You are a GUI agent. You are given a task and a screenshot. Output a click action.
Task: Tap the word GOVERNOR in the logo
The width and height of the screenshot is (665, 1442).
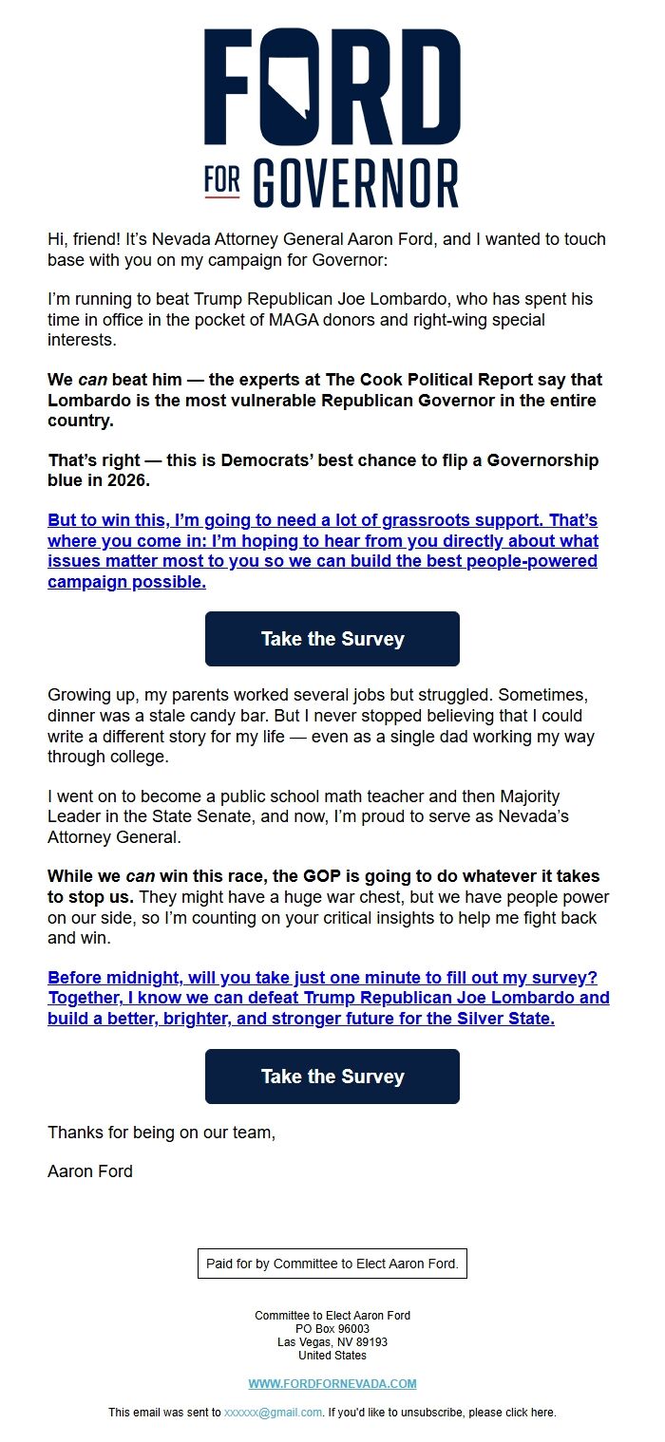(x=356, y=182)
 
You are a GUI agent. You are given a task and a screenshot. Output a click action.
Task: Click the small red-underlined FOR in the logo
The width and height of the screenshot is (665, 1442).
(x=221, y=181)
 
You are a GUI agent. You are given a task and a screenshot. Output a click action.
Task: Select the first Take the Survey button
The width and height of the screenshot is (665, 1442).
(x=332, y=639)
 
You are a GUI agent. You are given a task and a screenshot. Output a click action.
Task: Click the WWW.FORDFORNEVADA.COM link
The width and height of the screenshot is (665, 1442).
(x=332, y=1383)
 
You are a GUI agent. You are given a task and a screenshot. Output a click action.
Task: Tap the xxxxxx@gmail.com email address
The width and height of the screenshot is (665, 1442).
(x=273, y=1413)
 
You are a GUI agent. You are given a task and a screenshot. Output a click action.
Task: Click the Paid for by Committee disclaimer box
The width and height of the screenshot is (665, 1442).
(x=332, y=1264)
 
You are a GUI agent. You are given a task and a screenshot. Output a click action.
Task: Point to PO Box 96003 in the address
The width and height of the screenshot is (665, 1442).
(x=332, y=1329)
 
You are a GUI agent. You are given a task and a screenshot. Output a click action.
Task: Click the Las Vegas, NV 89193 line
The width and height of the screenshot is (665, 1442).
(x=332, y=1342)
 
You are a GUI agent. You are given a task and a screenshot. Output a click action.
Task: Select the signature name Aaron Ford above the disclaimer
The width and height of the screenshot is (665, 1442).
(x=90, y=1171)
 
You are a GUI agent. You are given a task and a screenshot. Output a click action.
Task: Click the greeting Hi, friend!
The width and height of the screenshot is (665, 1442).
(x=86, y=239)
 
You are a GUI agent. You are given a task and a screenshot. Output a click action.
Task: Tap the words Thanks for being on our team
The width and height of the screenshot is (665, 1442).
(x=161, y=1132)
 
